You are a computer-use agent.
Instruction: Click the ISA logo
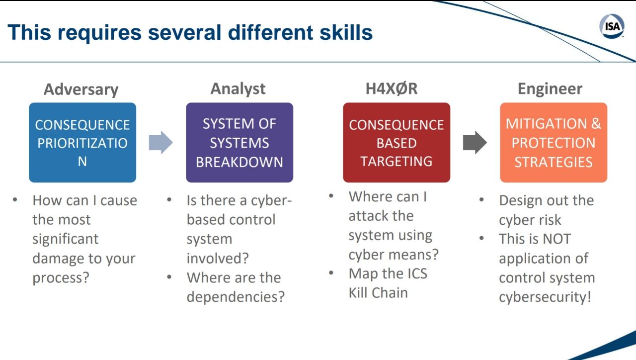pyautogui.click(x=612, y=26)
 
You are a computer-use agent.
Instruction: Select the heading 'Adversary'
pyautogui.click(x=81, y=90)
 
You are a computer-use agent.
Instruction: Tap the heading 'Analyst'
pyautogui.click(x=238, y=89)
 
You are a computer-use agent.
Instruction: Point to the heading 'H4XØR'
pyautogui.click(x=392, y=89)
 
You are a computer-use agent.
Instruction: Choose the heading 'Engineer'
pyautogui.click(x=550, y=89)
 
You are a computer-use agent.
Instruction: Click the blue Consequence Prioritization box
pyautogui.click(x=82, y=142)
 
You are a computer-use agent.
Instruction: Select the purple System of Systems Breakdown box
pyautogui.click(x=239, y=142)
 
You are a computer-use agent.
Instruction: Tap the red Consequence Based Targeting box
pyautogui.click(x=397, y=142)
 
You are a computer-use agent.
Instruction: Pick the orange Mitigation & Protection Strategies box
pyautogui.click(x=554, y=142)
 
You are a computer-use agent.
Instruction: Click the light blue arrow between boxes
pyautogui.click(x=160, y=142)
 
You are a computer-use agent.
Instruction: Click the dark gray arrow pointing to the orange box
pyautogui.click(x=475, y=142)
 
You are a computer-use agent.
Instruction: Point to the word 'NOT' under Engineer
pyautogui.click(x=556, y=239)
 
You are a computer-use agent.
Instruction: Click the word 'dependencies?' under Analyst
pyautogui.click(x=236, y=297)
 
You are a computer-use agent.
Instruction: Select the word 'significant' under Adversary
pyautogui.click(x=65, y=239)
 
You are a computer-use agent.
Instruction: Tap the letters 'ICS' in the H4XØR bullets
pyautogui.click(x=417, y=273)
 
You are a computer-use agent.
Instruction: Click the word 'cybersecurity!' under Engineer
pyautogui.click(x=545, y=297)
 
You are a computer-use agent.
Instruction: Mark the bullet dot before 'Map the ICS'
pyautogui.click(x=331, y=273)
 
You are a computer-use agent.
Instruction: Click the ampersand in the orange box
pyautogui.click(x=596, y=124)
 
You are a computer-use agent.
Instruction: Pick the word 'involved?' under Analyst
pyautogui.click(x=218, y=258)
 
